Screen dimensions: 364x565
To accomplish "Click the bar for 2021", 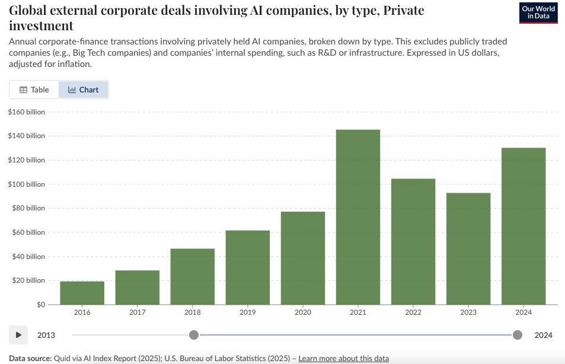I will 358,217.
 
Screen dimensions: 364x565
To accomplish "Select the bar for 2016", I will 82,293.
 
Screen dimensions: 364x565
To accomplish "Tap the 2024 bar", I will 523,226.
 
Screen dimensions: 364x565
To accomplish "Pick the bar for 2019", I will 248,267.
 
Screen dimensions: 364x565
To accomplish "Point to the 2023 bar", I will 468,248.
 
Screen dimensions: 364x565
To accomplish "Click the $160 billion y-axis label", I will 27,111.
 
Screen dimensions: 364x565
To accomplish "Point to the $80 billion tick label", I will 28,208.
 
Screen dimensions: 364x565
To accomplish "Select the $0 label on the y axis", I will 40,305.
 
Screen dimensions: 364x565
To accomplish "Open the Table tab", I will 34,90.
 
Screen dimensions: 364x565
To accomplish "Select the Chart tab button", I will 84,90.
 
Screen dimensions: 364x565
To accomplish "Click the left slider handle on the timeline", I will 194,335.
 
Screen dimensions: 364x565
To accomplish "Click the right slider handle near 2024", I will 518,335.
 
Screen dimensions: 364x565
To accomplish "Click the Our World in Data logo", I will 538,12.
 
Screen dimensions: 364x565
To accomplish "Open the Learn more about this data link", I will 343,359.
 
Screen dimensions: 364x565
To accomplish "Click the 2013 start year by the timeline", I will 46,335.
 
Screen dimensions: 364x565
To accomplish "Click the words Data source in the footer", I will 29,359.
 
